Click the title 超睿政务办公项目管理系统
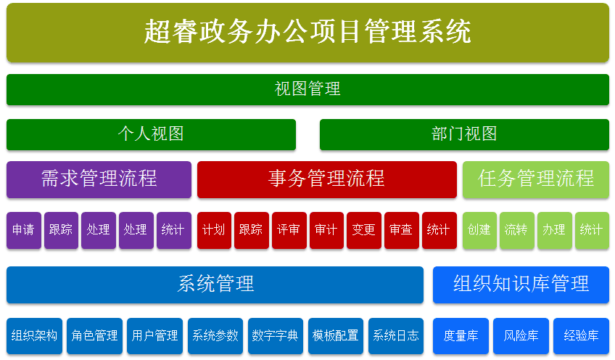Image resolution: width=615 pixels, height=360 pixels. pyautogui.click(x=307, y=32)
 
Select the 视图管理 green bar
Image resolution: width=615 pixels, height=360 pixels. pyautogui.click(x=307, y=89)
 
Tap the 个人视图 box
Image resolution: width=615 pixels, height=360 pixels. pyautogui.click(x=151, y=134)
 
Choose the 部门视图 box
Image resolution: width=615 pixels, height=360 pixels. pyautogui.click(x=464, y=134)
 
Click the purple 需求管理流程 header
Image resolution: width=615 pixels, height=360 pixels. pyautogui.click(x=99, y=179)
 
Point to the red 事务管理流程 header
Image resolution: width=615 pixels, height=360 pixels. pyautogui.click(x=326, y=179)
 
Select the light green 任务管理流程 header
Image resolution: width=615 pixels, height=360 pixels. pyautogui.click(x=536, y=179)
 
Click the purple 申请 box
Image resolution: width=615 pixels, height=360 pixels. pyautogui.click(x=23, y=230)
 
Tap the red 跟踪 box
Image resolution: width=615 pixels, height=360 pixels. pyautogui.click(x=252, y=230)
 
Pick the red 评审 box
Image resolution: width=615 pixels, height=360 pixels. pyautogui.click(x=289, y=230)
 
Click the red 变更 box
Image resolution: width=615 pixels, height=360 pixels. pyautogui.click(x=363, y=230)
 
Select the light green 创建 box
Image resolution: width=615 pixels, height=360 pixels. pyautogui.click(x=479, y=230)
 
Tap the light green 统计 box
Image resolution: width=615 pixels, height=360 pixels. pyautogui.click(x=592, y=230)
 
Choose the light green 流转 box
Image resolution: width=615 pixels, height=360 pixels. pyautogui.click(x=517, y=230)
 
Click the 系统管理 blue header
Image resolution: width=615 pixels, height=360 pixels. pyautogui.click(x=215, y=285)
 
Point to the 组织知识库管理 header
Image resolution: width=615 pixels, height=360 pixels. pyautogui.click(x=521, y=285)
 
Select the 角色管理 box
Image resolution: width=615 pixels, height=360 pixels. pyautogui.click(x=94, y=336)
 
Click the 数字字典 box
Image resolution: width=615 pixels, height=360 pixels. pyautogui.click(x=276, y=336)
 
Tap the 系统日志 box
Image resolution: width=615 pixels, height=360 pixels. pyautogui.click(x=396, y=336)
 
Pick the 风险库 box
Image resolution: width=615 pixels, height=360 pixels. pyautogui.click(x=521, y=336)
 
